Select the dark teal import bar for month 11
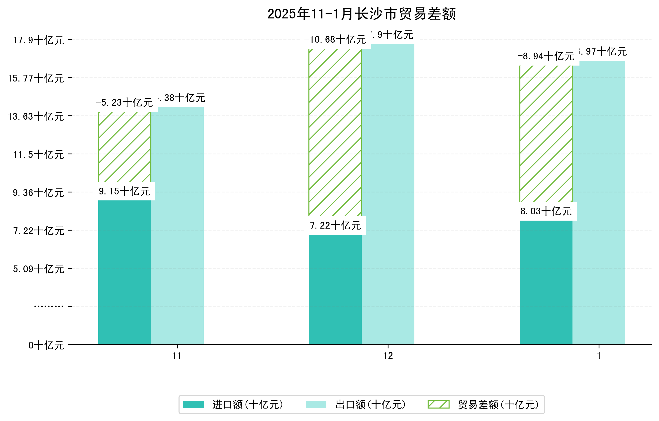click(x=124, y=272)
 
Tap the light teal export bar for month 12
click(x=388, y=194)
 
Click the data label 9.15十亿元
click(x=124, y=191)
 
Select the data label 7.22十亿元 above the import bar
click(x=336, y=225)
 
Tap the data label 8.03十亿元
click(x=546, y=211)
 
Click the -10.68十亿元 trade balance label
click(x=335, y=40)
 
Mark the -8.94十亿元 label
click(x=546, y=56)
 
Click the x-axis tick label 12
click(x=388, y=356)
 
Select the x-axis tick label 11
click(x=177, y=356)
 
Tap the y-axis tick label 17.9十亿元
click(x=39, y=40)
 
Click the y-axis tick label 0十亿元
click(x=46, y=345)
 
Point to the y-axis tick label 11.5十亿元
click(x=39, y=155)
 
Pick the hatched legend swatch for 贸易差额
click(x=438, y=405)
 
